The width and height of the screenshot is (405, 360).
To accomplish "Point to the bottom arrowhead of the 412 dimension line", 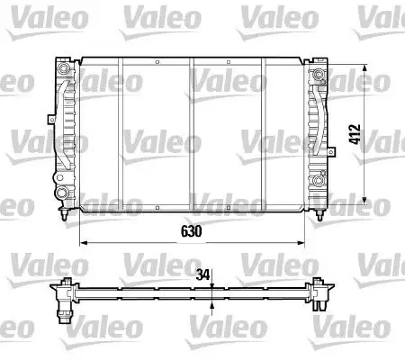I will click(x=364, y=201).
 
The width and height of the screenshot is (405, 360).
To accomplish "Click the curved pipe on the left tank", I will click(x=68, y=126).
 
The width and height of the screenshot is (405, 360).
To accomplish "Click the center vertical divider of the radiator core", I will click(x=192, y=135).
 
